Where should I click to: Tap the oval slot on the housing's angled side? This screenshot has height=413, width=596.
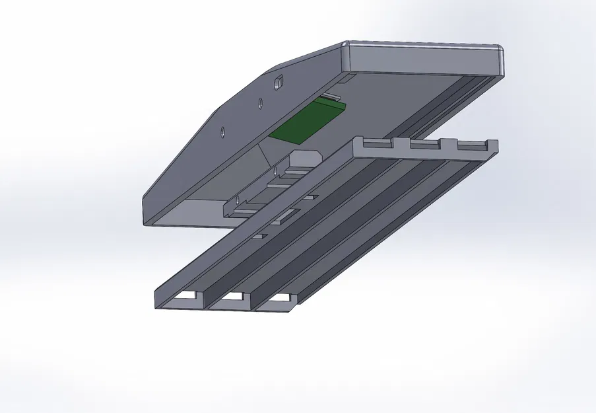coord(279,83)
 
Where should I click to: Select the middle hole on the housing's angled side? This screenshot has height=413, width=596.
coord(260,102)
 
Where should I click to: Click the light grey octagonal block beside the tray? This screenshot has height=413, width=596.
coord(305,159)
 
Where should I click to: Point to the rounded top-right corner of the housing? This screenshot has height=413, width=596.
coord(499,51)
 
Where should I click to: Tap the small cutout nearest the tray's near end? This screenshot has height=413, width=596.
coord(259,235)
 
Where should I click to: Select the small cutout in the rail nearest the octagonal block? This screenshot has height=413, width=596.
coord(309,196)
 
